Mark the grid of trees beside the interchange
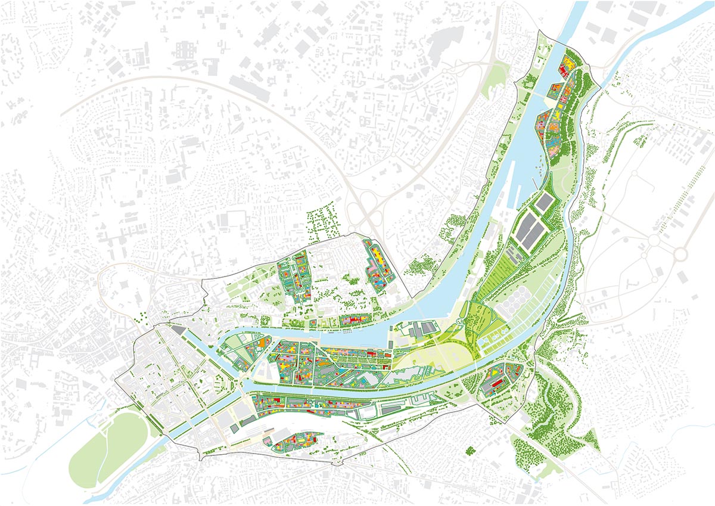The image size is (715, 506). pos(322,218)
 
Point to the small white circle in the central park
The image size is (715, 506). pos(459,322)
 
